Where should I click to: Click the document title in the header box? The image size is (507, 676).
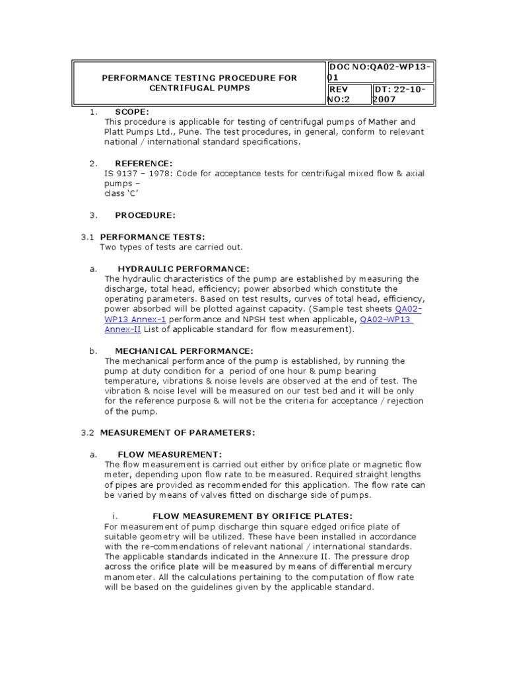(x=199, y=83)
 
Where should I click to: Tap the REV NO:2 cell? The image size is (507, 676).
(x=349, y=94)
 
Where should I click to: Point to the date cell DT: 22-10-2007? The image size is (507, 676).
(x=403, y=94)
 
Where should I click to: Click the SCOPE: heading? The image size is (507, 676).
(x=132, y=112)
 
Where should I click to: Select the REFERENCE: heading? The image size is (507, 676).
(x=143, y=163)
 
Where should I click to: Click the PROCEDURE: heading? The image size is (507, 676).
(x=145, y=215)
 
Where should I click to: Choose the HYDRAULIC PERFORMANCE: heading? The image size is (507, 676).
(x=183, y=268)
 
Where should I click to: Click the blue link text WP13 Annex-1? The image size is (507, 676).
(x=131, y=320)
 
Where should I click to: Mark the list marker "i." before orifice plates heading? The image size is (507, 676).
(x=115, y=515)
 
